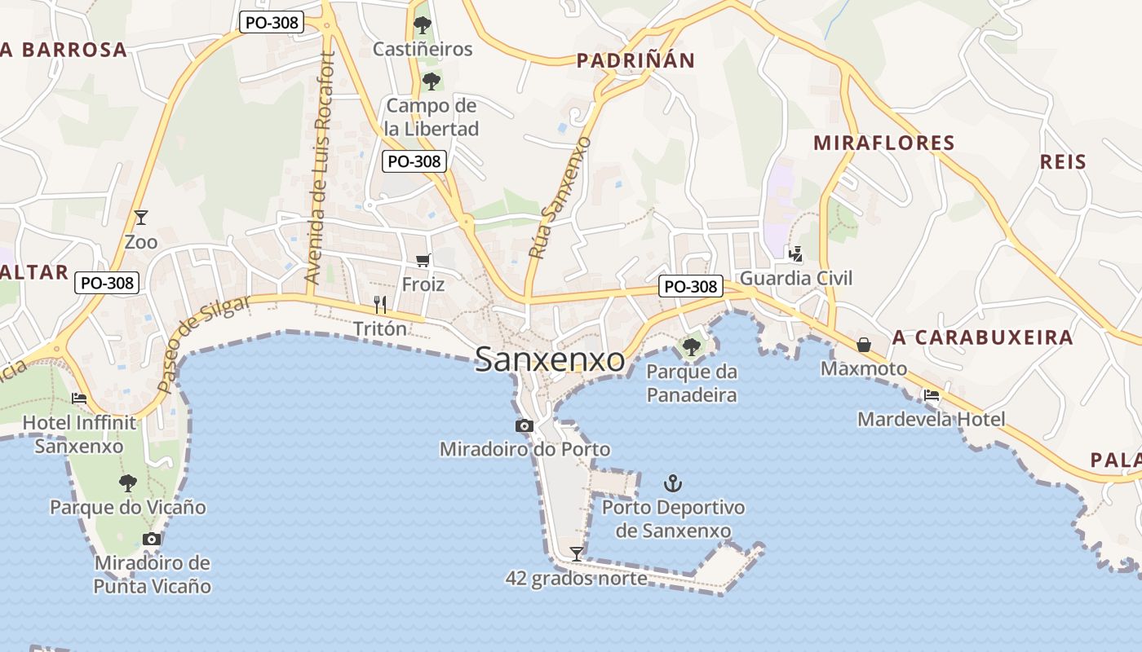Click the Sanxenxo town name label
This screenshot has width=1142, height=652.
[550, 360]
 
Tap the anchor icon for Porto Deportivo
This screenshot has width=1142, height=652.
[672, 483]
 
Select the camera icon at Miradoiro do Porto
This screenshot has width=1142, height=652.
[525, 425]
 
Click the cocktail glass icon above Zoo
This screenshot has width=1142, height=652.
[141, 217]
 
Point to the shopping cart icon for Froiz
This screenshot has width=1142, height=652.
[423, 260]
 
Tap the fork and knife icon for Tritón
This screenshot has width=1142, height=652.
[379, 305]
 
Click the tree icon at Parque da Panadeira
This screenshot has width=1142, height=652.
[691, 347]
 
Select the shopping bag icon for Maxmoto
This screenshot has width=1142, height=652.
[864, 345]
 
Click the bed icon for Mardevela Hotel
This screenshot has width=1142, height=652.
[931, 395]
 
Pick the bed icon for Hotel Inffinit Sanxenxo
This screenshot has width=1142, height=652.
[79, 398]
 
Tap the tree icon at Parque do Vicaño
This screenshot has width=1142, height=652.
[127, 482]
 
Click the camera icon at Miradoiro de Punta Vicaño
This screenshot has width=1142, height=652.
[152, 539]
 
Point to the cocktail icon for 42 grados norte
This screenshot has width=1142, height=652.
[577, 554]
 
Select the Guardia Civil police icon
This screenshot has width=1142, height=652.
[795, 254]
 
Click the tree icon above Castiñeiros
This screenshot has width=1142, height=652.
[422, 25]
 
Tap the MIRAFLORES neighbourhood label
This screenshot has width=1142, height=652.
[883, 143]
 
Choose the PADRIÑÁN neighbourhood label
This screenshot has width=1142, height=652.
[635, 60]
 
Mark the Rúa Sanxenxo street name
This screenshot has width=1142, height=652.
[560, 198]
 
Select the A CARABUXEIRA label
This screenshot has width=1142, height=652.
[982, 337]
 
